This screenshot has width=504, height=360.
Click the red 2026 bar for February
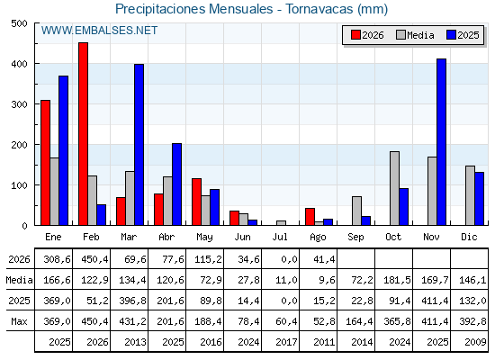(x=83, y=134)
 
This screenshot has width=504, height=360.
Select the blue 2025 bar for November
(x=441, y=142)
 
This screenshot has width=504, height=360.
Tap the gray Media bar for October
(x=395, y=188)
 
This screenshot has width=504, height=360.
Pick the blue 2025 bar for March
(x=139, y=145)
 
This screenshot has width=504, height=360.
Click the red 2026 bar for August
(x=310, y=217)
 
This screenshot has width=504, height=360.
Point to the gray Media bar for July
(x=281, y=223)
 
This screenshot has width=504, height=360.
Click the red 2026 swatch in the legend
(x=355, y=35)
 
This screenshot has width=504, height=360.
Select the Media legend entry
(x=415, y=35)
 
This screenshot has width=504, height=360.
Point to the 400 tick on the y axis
(x=20, y=64)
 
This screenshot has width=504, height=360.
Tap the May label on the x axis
(x=204, y=238)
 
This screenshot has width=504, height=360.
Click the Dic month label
(x=469, y=237)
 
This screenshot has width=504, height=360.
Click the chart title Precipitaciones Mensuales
(x=194, y=9)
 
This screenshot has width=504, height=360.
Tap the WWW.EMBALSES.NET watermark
(x=99, y=31)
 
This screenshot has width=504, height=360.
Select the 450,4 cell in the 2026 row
(x=94, y=259)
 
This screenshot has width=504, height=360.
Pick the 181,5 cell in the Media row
(x=397, y=280)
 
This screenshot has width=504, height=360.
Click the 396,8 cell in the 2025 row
(x=133, y=301)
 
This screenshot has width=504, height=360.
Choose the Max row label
(x=19, y=321)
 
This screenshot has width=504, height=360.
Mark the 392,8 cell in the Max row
(x=472, y=321)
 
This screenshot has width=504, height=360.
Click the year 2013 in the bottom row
(x=135, y=342)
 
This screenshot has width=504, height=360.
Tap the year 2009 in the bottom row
(x=475, y=342)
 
